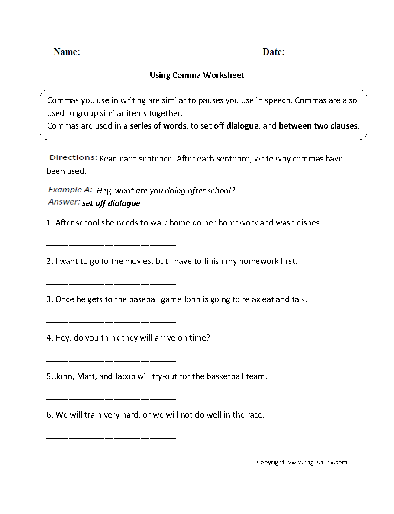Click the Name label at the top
pyautogui.click(x=67, y=52)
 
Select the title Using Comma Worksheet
pyautogui.click(x=197, y=75)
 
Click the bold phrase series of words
pyautogui.click(x=158, y=126)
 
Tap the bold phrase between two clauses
pyautogui.click(x=318, y=126)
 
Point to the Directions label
pyautogui.click(x=73, y=157)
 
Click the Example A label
pyautogui.click(x=70, y=190)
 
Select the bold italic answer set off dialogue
pyautogui.click(x=111, y=203)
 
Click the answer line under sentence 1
pyautogui.click(x=111, y=245)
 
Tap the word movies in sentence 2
pyautogui.click(x=138, y=261)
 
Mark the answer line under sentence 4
pyautogui.click(x=111, y=360)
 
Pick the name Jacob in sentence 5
pyautogui.click(x=125, y=376)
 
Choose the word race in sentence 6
pyautogui.click(x=255, y=415)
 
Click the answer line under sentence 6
pyautogui.click(x=111, y=437)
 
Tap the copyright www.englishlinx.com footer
pyautogui.click(x=302, y=462)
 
